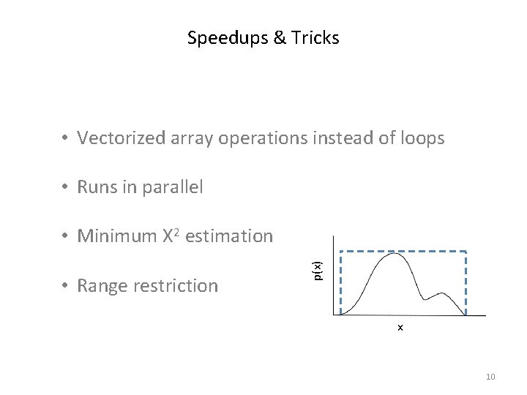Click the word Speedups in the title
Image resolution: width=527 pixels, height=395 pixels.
tap(220, 38)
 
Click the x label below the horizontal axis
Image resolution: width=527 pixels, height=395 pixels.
tap(400, 327)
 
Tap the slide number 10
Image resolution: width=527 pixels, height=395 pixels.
tap(490, 377)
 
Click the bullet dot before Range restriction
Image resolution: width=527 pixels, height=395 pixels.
tap(66, 286)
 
